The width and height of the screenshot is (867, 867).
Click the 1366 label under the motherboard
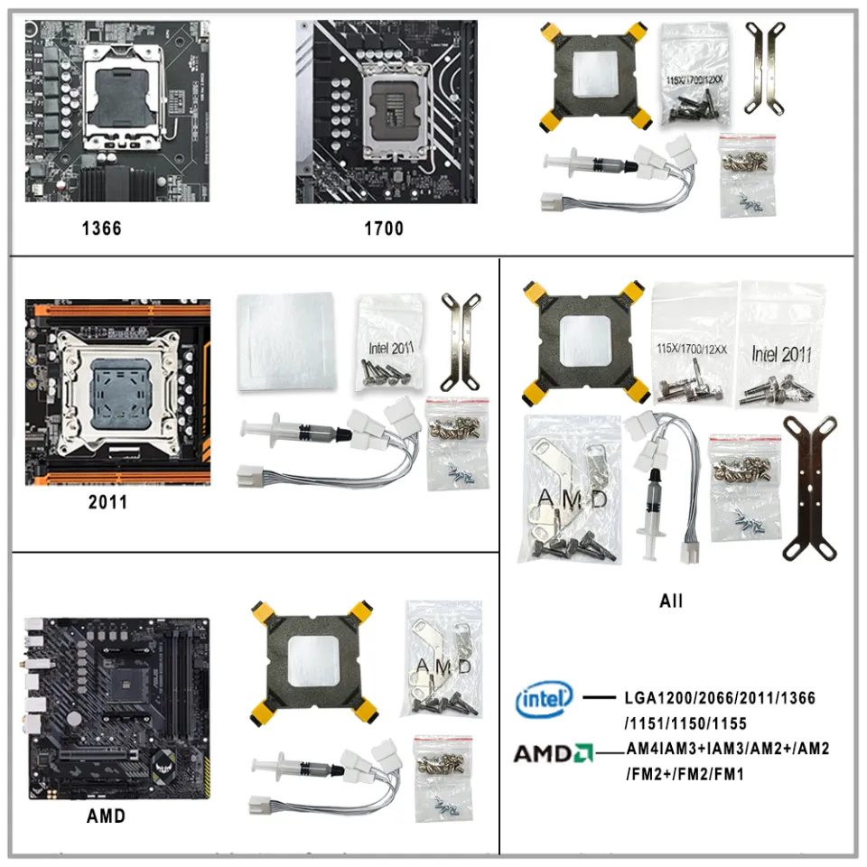pyautogui.click(x=100, y=228)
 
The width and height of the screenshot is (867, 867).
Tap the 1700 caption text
pyautogui.click(x=384, y=228)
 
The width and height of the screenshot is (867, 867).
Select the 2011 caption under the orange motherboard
pyautogui.click(x=107, y=502)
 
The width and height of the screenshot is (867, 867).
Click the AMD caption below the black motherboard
pyautogui.click(x=106, y=816)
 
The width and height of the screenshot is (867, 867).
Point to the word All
pyautogui.click(x=671, y=601)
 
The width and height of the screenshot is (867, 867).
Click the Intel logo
pyautogui.click(x=544, y=698)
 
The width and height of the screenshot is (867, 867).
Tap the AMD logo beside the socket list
pyautogui.click(x=553, y=752)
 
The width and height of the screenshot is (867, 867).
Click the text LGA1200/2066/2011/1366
pyautogui.click(x=720, y=698)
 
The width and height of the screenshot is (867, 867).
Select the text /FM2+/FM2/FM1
pyautogui.click(x=684, y=775)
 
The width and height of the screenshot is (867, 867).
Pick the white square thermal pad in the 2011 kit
pyautogui.click(x=285, y=343)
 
